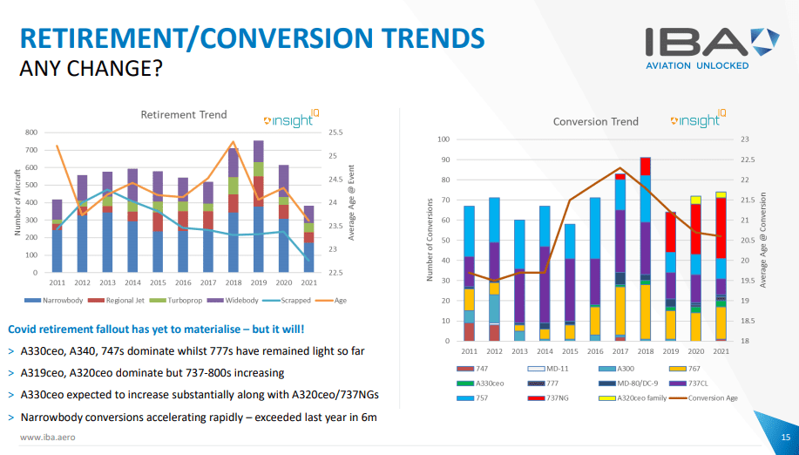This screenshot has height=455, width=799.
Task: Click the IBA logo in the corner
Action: pyautogui.click(x=713, y=49)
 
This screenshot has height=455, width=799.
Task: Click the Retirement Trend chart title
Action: pyautogui.click(x=184, y=115)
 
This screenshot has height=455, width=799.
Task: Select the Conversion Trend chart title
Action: pyautogui.click(x=596, y=122)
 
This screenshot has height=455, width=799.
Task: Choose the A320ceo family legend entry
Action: pyautogui.click(x=633, y=398)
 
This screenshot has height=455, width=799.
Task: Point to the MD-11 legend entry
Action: pyautogui.click(x=548, y=369)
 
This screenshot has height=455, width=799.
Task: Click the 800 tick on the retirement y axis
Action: pyautogui.click(x=31, y=132)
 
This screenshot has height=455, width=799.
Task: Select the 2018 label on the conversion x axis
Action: pyautogui.click(x=645, y=351)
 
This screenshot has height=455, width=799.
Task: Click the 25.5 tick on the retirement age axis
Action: pyautogui.click(x=336, y=132)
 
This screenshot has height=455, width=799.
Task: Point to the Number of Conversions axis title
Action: pyautogui.click(x=430, y=240)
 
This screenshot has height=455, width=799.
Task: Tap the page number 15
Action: pyautogui.click(x=786, y=438)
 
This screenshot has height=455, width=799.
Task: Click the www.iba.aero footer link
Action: pyautogui.click(x=47, y=438)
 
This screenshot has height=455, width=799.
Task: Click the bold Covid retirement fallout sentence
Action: pyautogui.click(x=156, y=329)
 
